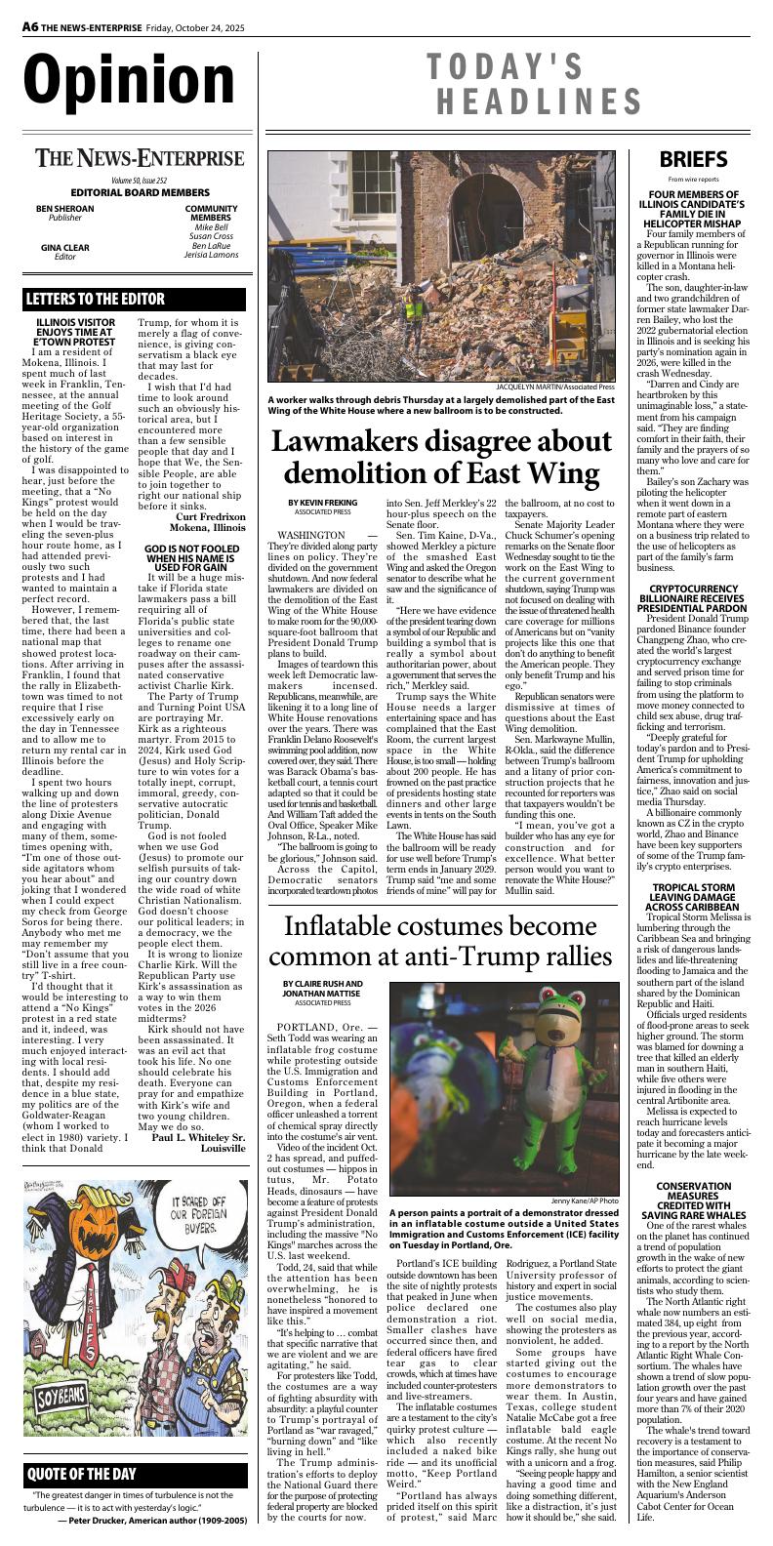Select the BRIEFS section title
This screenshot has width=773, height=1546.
point(692,159)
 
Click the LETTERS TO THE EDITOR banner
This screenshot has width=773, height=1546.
point(96,299)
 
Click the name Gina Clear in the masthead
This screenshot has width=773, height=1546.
point(65,247)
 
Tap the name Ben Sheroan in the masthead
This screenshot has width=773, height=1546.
point(65,208)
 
